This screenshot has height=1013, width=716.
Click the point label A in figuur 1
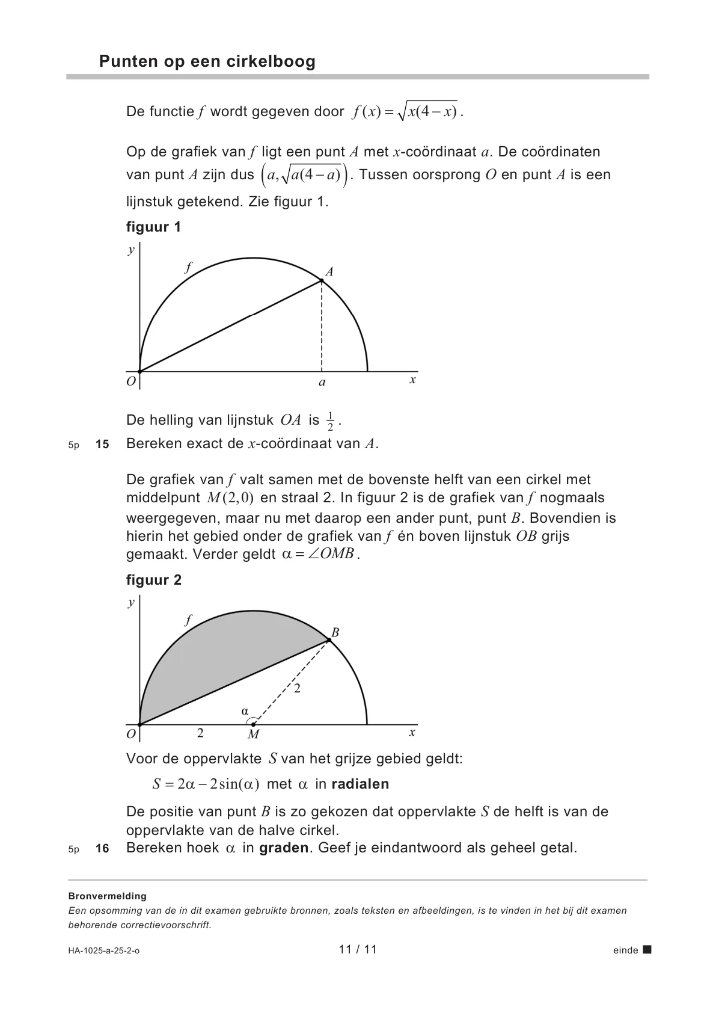(x=329, y=272)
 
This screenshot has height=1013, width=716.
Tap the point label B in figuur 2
(x=335, y=632)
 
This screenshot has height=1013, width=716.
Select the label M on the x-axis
(x=253, y=734)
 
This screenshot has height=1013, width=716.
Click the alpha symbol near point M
(x=245, y=711)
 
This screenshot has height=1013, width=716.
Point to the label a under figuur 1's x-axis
(x=322, y=383)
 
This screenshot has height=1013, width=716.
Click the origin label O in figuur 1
(x=131, y=381)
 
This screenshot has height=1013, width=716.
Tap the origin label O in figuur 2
(x=131, y=734)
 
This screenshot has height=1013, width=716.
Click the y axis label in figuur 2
(x=131, y=602)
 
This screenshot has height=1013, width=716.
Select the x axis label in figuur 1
(x=412, y=380)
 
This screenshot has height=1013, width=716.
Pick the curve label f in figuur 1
(x=188, y=268)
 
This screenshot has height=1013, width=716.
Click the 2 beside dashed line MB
(x=297, y=689)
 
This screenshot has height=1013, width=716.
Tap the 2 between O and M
(x=200, y=733)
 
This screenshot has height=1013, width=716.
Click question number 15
(x=102, y=445)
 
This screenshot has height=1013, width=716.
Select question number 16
(x=102, y=849)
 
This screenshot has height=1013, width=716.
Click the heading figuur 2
(x=154, y=580)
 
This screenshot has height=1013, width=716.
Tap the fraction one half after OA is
(x=330, y=421)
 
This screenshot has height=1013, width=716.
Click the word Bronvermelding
(x=108, y=896)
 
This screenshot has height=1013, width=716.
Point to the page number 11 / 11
(x=358, y=950)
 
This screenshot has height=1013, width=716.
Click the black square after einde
(x=647, y=950)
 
